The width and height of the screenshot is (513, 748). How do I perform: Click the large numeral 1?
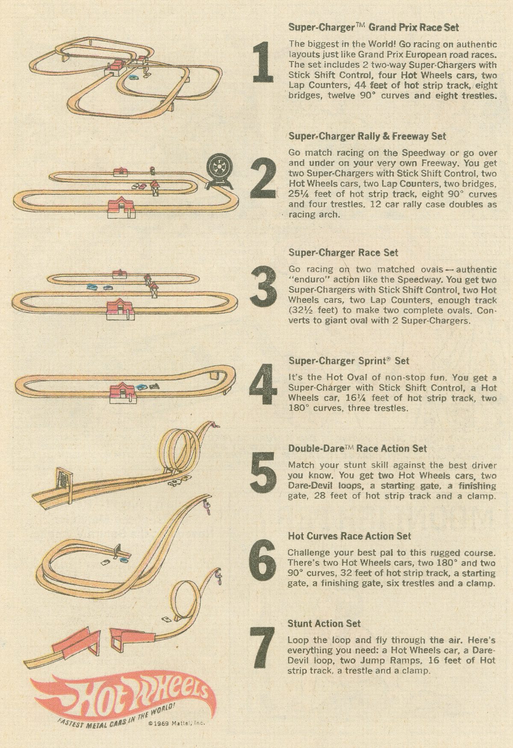coord(263,62)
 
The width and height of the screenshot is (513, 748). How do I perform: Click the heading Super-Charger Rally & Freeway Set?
coord(367,136)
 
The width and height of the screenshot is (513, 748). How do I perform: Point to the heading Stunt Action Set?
coord(324,624)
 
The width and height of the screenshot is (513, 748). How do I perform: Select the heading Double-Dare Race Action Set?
coord(357,448)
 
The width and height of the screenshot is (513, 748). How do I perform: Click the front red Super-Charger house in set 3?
coord(121,309)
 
